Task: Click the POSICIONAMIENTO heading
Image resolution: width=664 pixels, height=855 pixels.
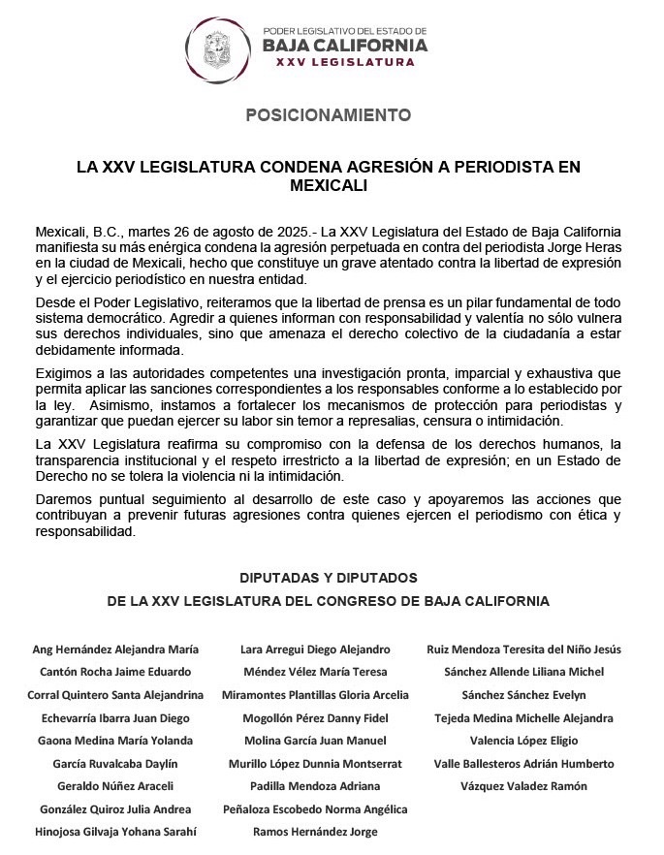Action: pyautogui.click(x=328, y=114)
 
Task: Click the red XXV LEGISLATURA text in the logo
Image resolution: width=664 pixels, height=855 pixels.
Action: pyautogui.click(x=345, y=63)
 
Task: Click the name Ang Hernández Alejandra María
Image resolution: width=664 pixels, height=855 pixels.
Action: pyautogui.click(x=115, y=649)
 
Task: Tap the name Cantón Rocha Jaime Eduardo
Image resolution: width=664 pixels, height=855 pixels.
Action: pyautogui.click(x=115, y=672)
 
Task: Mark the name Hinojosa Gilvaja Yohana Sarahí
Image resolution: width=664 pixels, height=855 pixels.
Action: pyautogui.click(x=115, y=832)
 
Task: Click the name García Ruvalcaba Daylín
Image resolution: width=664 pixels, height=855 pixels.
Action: pyautogui.click(x=115, y=764)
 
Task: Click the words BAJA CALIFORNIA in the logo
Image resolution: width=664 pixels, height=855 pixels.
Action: pyautogui.click(x=345, y=45)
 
